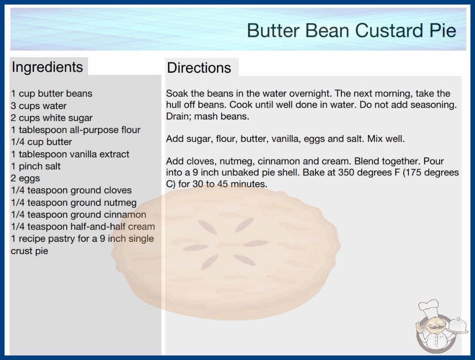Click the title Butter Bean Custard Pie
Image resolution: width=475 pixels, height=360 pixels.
click(351, 30)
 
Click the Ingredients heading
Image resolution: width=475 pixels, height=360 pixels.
click(47, 67)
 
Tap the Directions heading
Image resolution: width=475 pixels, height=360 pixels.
click(199, 68)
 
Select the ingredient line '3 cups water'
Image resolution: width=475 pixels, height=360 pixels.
click(39, 106)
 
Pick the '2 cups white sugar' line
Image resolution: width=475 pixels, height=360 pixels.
click(51, 118)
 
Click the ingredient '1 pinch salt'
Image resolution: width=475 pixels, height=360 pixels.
click(36, 166)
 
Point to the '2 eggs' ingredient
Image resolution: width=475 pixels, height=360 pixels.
click(25, 178)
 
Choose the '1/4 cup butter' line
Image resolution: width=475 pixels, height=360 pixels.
click(41, 142)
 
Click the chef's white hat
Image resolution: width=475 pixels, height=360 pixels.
click(429, 307)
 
